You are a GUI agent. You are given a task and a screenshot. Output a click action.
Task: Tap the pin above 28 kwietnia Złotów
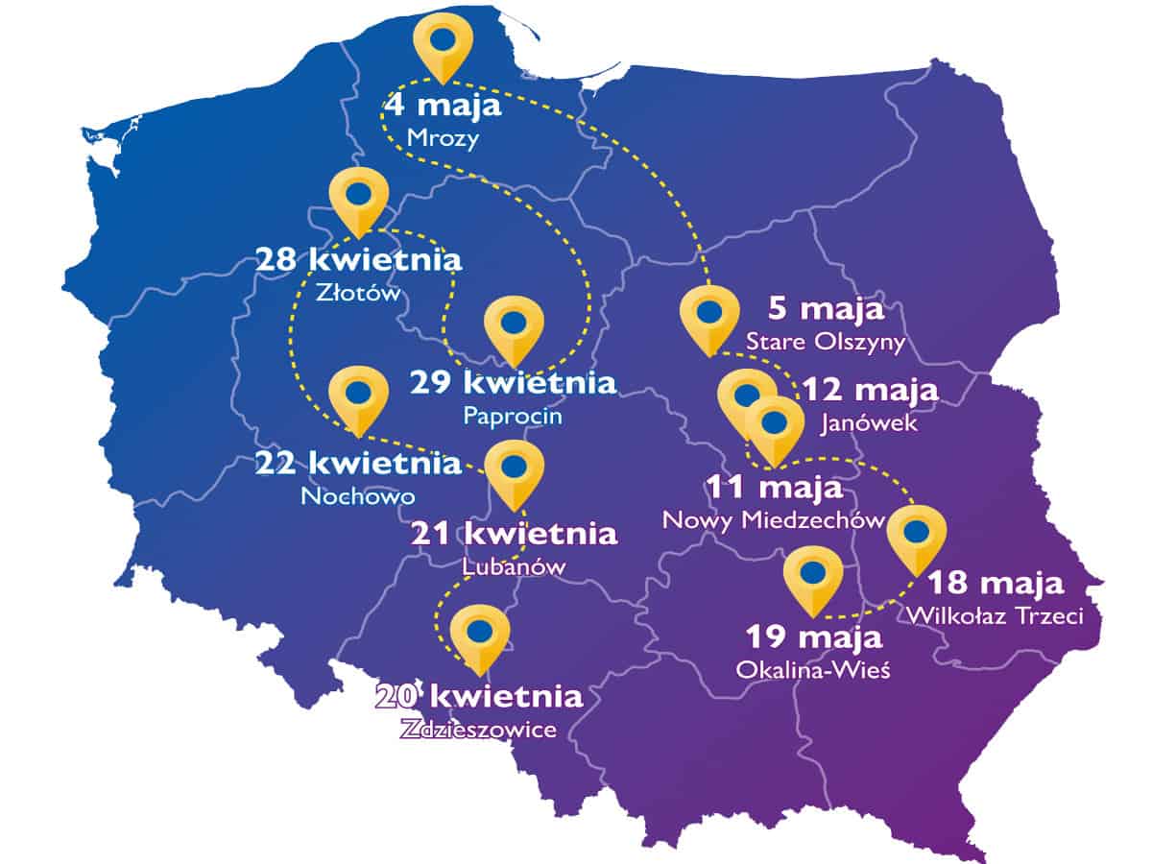358,196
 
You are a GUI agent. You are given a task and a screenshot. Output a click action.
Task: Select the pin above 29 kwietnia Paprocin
515,325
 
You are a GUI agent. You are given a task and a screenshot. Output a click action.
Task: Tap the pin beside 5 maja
708,316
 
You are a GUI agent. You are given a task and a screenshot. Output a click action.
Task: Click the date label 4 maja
443,105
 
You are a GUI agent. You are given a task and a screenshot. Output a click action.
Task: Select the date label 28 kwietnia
358,259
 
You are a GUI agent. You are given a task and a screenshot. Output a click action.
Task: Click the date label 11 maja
775,488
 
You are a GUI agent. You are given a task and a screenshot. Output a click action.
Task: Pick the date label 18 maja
995,583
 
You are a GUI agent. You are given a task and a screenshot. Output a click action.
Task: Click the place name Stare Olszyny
826,342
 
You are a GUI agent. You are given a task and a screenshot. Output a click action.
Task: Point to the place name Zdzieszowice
478,730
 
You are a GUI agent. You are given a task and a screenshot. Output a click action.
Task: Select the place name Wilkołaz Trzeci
995,615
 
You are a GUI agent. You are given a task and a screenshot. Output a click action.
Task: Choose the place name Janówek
870,422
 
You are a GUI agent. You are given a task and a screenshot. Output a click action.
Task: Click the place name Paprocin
513,417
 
